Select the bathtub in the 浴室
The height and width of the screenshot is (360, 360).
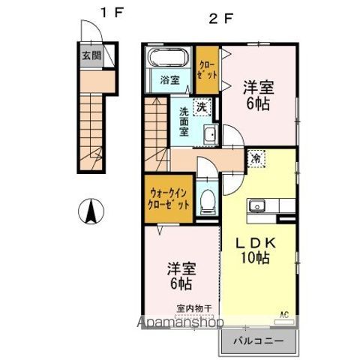169,58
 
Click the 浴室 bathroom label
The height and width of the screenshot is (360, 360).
169,81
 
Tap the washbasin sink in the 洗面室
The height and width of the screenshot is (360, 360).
209,135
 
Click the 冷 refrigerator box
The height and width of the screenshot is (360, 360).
256,158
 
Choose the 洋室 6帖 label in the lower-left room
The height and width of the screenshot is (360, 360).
180,276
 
